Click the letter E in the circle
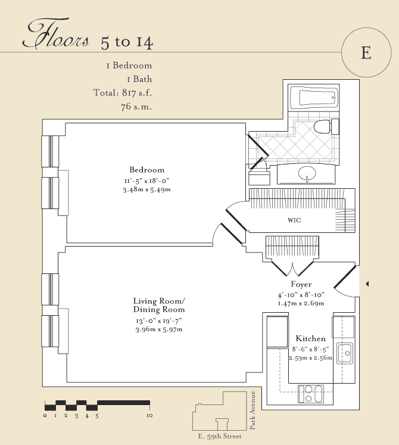point(366,52)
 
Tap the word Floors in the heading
point(56,33)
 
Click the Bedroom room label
point(146,170)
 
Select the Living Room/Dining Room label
point(159,305)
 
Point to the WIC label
point(294,220)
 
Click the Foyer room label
point(301,284)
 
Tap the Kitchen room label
point(310,338)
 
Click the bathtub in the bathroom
point(314,97)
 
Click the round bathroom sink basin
point(307,172)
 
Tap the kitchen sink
point(345,353)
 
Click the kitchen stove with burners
point(310,394)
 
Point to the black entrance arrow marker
point(367,284)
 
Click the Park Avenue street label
point(253,410)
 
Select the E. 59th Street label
point(220,436)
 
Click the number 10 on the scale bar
point(149,415)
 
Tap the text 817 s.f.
point(137,92)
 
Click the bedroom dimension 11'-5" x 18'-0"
point(146,181)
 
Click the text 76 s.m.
point(136,107)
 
